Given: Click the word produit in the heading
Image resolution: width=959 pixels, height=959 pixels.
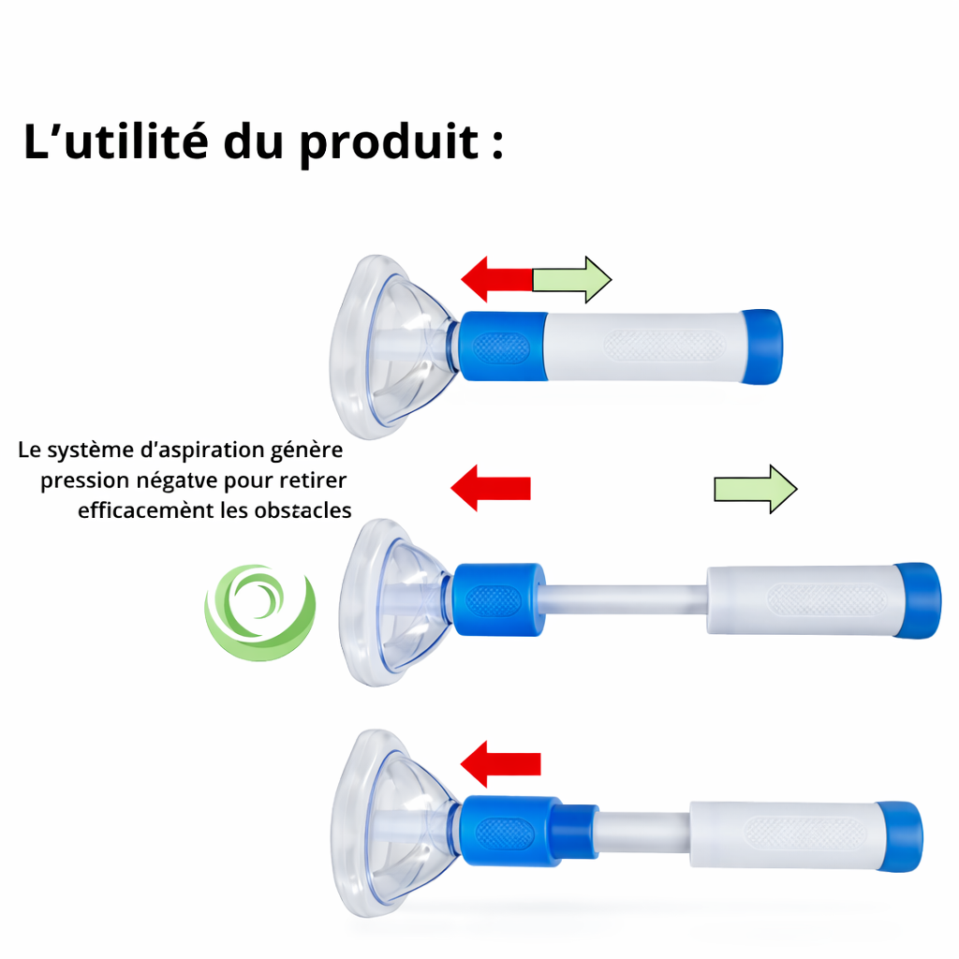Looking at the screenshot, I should pos(390,143).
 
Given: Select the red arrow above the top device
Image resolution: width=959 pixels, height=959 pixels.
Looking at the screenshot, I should pos(496,278).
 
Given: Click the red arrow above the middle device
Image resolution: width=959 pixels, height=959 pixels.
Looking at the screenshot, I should pos(491,488).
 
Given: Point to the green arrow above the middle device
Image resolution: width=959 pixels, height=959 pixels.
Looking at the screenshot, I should pos(755,488).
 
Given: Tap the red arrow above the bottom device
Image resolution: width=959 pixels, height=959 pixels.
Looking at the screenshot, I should pos(502,763).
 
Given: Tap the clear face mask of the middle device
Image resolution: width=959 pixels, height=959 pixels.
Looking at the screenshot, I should pos(393,604).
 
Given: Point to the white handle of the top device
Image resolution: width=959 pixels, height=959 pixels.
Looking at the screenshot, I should pos(646,345).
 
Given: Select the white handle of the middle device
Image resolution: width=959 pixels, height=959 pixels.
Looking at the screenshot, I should pos(801,600).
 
